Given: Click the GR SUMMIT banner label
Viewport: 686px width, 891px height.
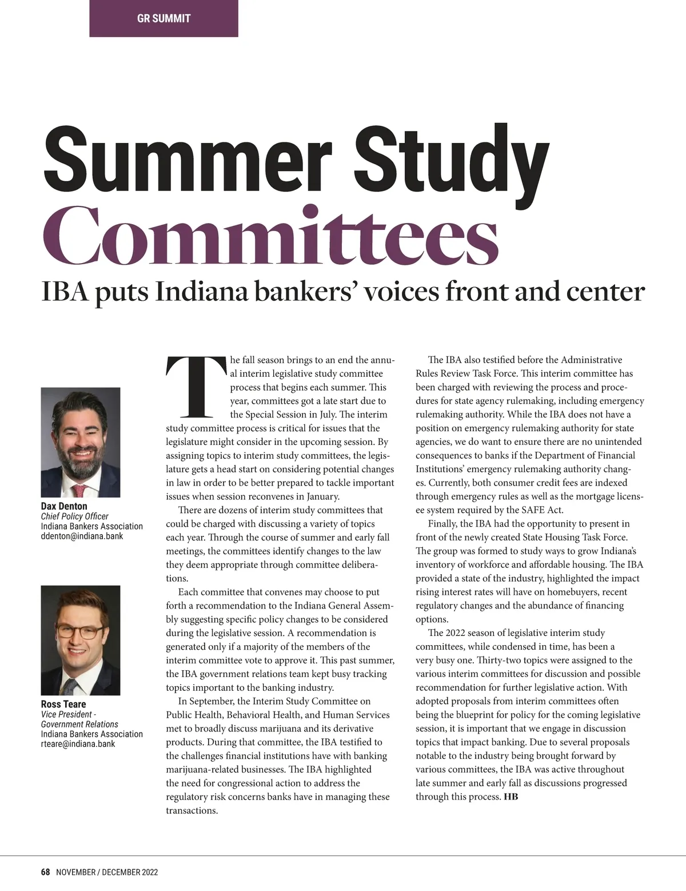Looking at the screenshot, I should click(163, 18).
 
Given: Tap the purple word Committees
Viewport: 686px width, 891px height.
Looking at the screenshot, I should click(270, 238).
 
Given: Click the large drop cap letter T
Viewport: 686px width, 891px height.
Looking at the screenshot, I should click(195, 387).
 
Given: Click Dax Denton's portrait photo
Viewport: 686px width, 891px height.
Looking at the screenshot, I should click(81, 442).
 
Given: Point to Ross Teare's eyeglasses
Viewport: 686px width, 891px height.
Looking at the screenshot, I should click(80, 633).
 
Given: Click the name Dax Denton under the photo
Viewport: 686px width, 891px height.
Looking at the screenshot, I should click(64, 506).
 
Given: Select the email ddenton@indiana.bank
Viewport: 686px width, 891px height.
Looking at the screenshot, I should click(82, 536).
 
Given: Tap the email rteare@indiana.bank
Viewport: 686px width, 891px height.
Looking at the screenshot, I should click(78, 744).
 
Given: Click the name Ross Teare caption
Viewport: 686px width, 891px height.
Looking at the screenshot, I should click(63, 704).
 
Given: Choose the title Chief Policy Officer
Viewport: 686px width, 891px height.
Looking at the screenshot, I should click(74, 516).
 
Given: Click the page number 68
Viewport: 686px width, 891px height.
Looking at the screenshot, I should click(46, 872).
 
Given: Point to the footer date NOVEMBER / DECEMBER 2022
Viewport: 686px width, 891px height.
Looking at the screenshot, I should click(107, 872).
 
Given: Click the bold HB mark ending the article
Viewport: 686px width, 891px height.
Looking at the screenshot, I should click(510, 797).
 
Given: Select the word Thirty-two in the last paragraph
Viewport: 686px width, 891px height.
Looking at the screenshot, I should click(498, 660).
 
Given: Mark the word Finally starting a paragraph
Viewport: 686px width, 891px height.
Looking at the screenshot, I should click(442, 523).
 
